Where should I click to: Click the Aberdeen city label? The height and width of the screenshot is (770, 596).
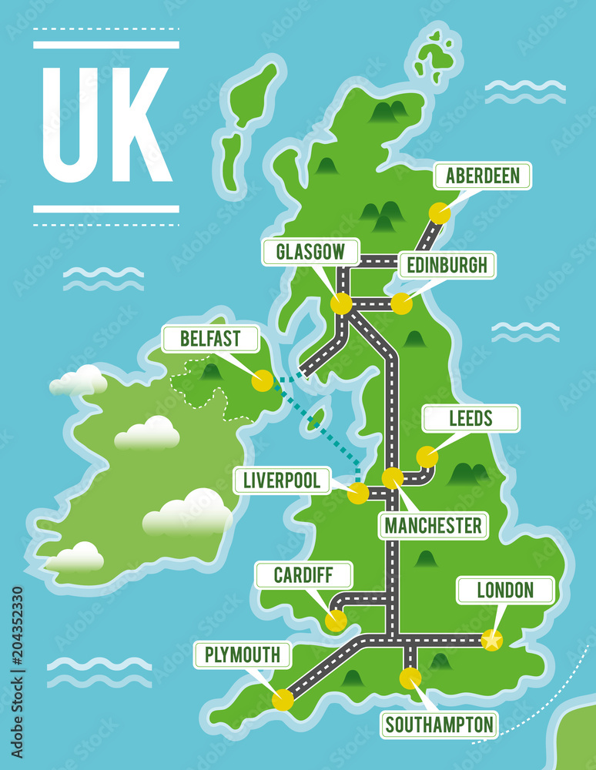coord(482,176)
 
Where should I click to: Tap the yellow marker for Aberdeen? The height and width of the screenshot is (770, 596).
coord(440,213)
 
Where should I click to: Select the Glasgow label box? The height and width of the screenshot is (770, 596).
coord(311,253)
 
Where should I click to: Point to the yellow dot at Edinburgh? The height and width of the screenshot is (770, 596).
coord(401,303)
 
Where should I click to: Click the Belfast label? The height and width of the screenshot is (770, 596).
coord(210,339)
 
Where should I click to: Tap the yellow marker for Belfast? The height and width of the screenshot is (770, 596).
coord(263,380)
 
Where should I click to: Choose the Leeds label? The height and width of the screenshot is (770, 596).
coord(471,419)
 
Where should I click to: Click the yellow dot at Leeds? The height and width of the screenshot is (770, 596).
coord(427,457)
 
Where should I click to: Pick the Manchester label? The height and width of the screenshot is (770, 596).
coord(434,526)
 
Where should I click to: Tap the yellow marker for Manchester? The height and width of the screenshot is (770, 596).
coord(393,478)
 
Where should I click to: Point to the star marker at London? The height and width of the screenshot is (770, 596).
coord(491,640)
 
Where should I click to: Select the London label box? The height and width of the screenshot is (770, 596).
coord(505,591)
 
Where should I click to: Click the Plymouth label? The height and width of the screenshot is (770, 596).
coord(243,655)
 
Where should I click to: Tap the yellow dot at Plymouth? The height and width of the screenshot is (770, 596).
coord(283,699)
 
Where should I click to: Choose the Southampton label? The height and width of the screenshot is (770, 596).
coord(439,725)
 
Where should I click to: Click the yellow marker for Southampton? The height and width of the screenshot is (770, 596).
coord(410,678)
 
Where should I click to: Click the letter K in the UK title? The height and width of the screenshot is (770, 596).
coord(139,125)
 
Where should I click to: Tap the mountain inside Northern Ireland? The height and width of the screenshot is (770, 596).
coord(211,372)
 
